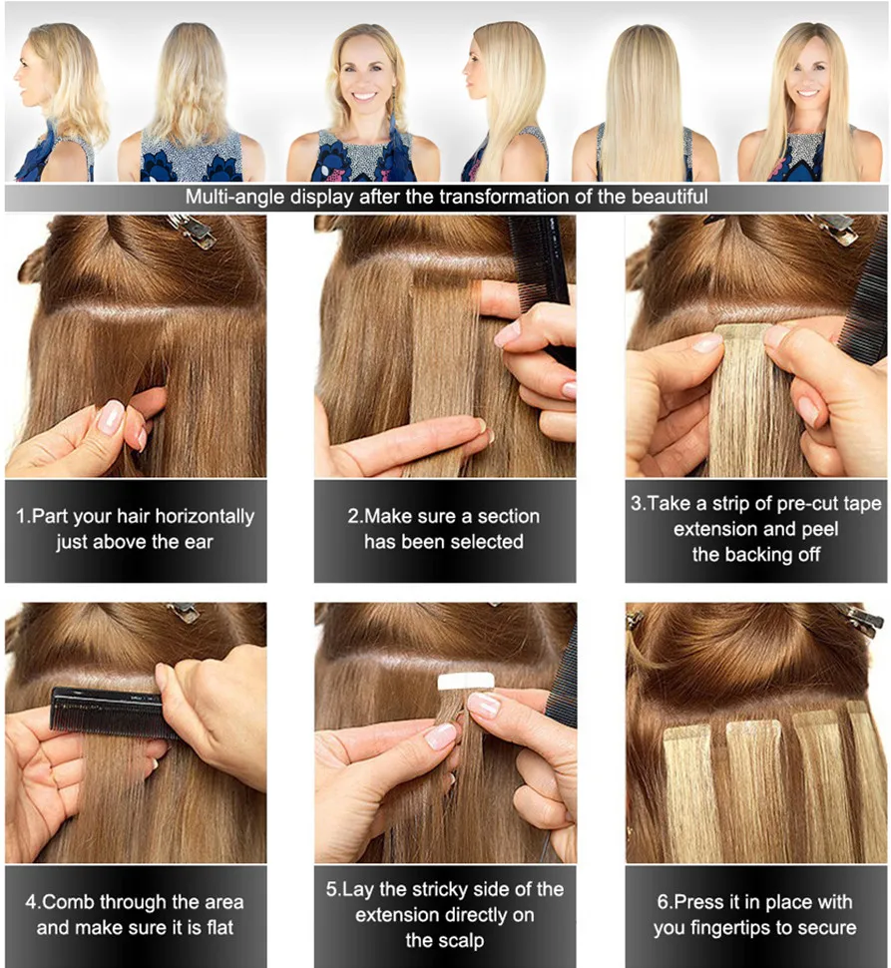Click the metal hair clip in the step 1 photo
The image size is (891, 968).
click(x=193, y=231)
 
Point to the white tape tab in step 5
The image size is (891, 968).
click(x=466, y=682)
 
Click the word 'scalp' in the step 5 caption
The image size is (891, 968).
click(x=462, y=941)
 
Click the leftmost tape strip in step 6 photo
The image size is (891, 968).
click(x=686, y=790)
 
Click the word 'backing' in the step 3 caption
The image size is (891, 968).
click(x=760, y=555)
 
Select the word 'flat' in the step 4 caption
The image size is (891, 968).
click(x=221, y=928)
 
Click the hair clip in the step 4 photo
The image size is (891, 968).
click(x=184, y=611)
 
